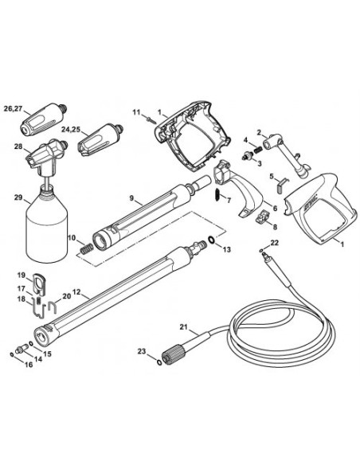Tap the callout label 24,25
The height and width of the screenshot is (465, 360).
(70, 128)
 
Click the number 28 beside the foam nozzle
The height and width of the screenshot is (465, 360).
(17, 146)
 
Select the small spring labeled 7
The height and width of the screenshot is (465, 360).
(217, 195)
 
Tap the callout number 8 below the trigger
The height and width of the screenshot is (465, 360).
(275, 229)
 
